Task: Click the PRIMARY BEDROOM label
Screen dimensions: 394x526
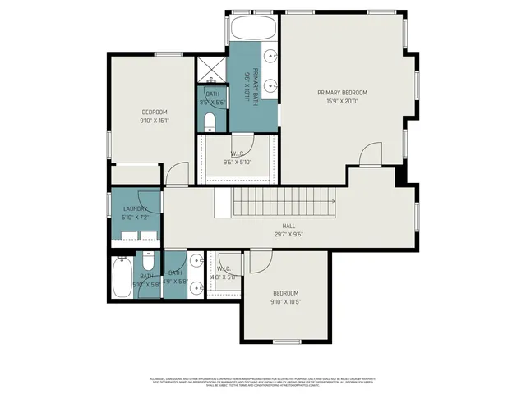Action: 342,93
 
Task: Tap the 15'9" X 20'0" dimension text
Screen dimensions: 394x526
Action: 342,103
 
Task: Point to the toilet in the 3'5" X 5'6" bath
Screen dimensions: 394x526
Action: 210,123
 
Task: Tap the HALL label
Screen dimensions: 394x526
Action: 288,226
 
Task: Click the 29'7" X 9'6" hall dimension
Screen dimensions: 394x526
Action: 288,235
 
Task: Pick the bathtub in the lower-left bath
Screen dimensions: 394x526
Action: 122,277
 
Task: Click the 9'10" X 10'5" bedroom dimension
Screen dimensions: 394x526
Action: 285,302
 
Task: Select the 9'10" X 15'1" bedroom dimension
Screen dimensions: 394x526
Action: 155,121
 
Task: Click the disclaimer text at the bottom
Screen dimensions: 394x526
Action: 263,382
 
